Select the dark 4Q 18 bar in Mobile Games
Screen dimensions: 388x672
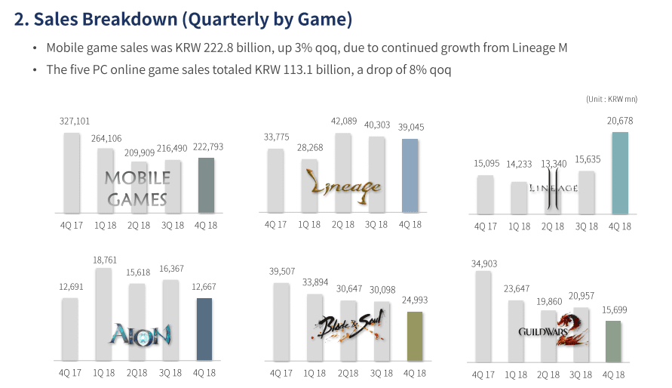pos(206,185)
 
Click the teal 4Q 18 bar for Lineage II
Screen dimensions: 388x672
pos(619,173)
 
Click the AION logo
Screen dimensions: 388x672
pos(140,333)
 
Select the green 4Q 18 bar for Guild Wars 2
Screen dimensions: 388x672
pos(613,341)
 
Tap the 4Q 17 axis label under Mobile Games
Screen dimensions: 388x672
pos(72,224)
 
